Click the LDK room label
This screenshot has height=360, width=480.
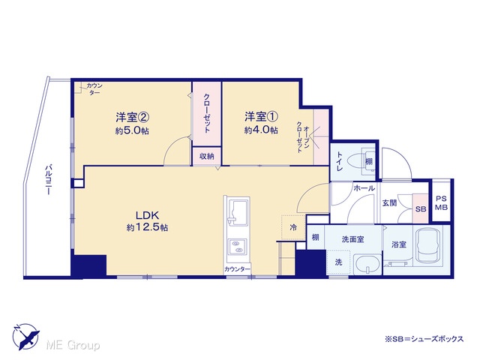click(x=147, y=215)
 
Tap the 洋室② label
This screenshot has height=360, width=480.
click(x=132, y=117)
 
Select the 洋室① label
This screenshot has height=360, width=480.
click(x=261, y=117)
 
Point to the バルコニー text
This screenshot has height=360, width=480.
click(x=48, y=180)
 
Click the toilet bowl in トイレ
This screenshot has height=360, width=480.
click(x=356, y=161)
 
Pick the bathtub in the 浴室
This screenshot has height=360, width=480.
click(x=427, y=244)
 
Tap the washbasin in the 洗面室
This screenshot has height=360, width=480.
click(x=367, y=264)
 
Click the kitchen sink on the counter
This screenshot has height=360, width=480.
click(x=238, y=213)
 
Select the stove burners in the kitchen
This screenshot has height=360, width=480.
click(x=237, y=247)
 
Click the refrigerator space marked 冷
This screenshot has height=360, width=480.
click(x=293, y=227)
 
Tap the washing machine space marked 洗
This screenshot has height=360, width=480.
click(x=338, y=262)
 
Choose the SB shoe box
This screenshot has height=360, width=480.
click(x=421, y=208)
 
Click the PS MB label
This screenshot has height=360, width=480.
click(x=441, y=202)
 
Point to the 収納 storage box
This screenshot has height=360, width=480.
click(x=207, y=156)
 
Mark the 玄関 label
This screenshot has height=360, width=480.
click(x=389, y=202)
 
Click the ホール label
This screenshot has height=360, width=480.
click(x=364, y=188)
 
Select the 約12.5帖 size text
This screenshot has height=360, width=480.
click(x=147, y=227)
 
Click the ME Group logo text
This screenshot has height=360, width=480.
click(x=73, y=345)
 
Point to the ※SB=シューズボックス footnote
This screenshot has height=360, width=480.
click(x=424, y=339)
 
